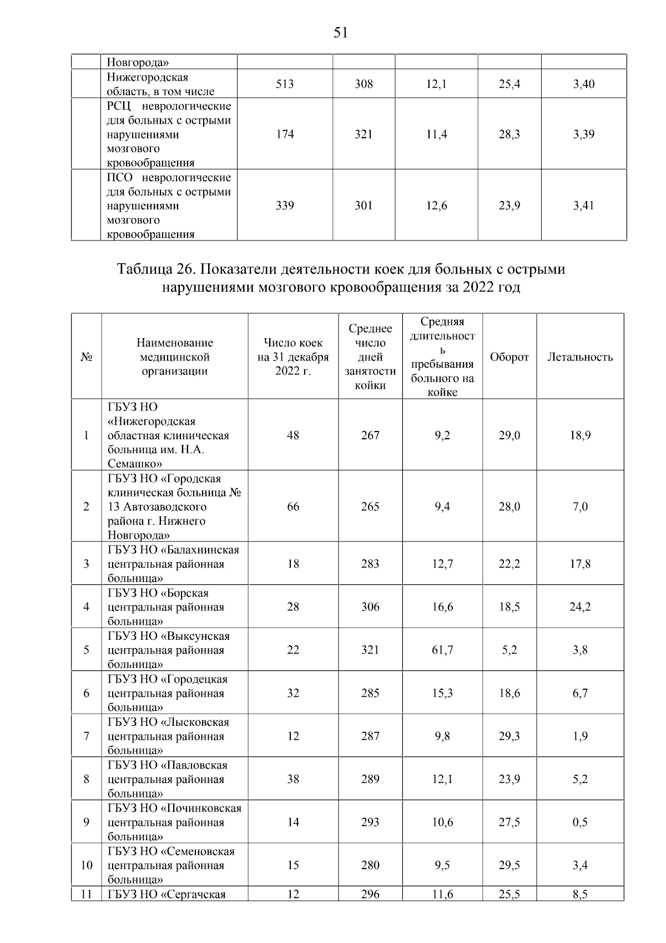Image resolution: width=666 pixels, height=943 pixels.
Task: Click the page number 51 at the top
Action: (x=341, y=33)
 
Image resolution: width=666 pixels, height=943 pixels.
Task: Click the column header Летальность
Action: (x=580, y=357)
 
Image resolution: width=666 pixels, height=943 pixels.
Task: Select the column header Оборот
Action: (x=509, y=357)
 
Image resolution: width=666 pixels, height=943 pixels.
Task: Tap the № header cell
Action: (x=86, y=357)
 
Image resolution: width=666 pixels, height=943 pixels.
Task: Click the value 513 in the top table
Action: (x=285, y=84)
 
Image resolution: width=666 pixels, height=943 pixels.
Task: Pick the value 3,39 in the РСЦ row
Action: (x=583, y=134)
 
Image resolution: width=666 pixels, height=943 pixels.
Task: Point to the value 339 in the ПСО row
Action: (x=285, y=205)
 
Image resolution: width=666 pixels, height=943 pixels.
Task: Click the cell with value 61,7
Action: (x=442, y=650)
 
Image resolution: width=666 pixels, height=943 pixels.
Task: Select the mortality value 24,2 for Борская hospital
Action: (x=580, y=607)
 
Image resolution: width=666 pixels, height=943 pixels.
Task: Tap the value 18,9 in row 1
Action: (x=580, y=435)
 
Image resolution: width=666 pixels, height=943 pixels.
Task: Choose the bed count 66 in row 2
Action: (x=293, y=506)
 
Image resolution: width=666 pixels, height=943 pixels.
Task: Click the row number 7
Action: (x=86, y=736)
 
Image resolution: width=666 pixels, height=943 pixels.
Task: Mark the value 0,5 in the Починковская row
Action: (x=580, y=822)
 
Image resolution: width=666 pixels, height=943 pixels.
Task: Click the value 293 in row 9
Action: (x=370, y=822)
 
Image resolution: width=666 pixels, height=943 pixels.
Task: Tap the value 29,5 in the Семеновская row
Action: (x=509, y=865)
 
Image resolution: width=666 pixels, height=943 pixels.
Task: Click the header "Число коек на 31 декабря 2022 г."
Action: (x=293, y=357)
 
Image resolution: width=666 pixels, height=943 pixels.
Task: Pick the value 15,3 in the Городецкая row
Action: (x=442, y=693)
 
